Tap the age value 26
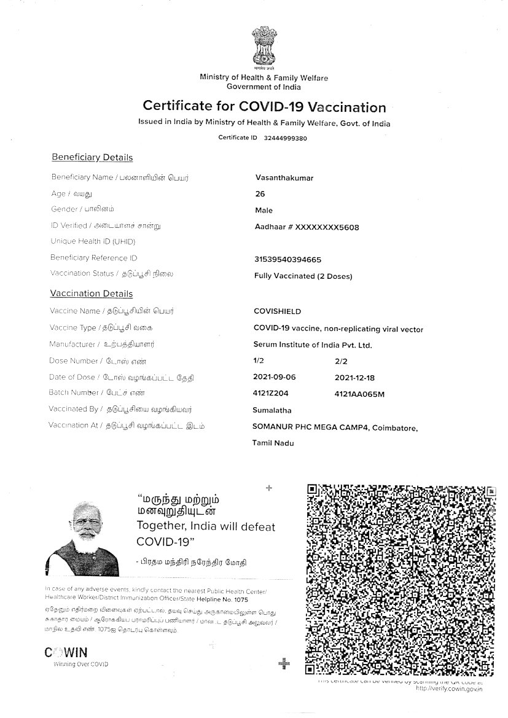point(260,194)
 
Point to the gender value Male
point(264,211)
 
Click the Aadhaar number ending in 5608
point(307,227)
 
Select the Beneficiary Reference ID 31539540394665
point(287,260)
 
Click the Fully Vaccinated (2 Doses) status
point(303,276)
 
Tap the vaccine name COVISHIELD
point(278,311)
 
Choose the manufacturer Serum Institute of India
point(313,345)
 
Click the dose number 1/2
point(258,361)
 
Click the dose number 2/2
point(341,361)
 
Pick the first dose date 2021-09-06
point(276,377)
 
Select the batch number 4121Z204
point(273,393)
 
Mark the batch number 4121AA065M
point(359,394)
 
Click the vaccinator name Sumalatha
point(272,410)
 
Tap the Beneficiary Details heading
point(92,158)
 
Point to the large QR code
point(401,579)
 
